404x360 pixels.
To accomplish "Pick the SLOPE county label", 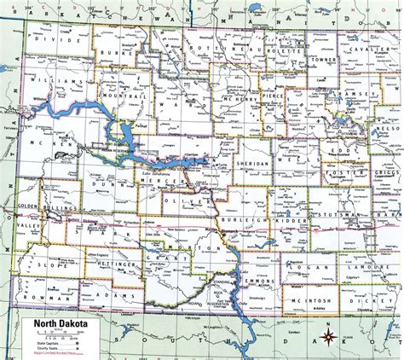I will pyautogui.click(x=44, y=245).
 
